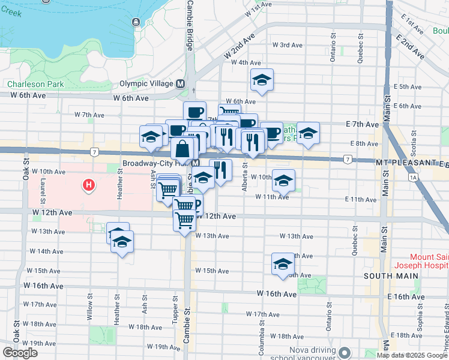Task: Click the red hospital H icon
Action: point(89,185)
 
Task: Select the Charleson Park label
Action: point(35,85)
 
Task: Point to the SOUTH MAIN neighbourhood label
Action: point(386,276)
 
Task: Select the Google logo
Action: point(20,353)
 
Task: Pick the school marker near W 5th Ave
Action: point(262,80)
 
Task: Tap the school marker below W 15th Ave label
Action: point(283,264)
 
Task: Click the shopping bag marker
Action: point(182,149)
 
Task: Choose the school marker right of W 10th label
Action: point(283,179)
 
